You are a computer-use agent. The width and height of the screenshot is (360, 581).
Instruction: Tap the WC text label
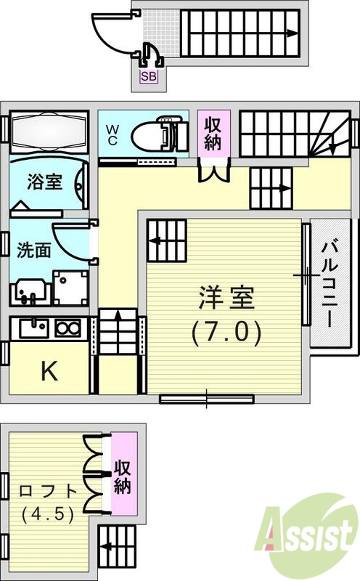click(113, 135)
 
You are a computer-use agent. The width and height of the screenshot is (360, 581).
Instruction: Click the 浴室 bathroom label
click(44, 182)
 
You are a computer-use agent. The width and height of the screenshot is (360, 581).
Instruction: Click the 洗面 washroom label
click(33, 250)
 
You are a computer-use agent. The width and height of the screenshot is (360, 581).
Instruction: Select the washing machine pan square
click(71, 288)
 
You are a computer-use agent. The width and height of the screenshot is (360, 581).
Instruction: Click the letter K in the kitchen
click(49, 372)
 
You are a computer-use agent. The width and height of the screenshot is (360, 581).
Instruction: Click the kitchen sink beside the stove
click(33, 329)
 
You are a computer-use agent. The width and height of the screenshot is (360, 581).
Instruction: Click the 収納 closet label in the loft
click(123, 476)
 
